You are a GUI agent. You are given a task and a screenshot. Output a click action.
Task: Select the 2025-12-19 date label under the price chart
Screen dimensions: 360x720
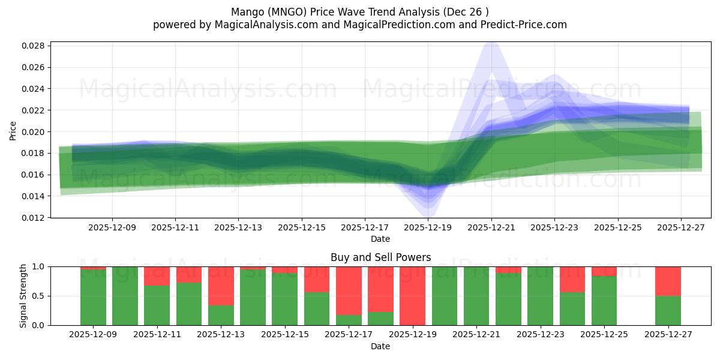point(428,228)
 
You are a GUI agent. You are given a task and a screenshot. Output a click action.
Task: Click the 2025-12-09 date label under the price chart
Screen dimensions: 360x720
point(112,228)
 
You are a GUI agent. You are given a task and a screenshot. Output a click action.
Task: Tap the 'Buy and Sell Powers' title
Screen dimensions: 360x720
point(380,257)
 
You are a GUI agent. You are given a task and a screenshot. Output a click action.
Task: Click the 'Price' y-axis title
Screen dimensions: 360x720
point(13,130)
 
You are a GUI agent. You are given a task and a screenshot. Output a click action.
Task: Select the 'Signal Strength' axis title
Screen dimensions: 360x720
point(23,296)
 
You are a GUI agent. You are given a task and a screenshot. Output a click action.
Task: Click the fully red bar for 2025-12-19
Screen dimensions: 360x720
point(412,296)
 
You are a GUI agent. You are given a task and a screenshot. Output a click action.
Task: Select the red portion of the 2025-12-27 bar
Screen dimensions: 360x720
point(668,281)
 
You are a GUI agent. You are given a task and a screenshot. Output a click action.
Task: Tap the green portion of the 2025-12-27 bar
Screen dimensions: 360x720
point(668,310)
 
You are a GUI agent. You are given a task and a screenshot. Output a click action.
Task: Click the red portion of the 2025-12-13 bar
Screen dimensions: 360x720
point(221,286)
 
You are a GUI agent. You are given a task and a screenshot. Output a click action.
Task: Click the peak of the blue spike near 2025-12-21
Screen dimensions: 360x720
point(491,43)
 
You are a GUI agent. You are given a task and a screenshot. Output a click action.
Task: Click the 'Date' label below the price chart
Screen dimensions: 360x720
point(380,239)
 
